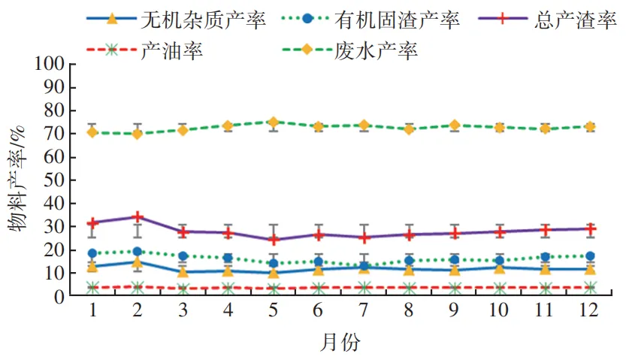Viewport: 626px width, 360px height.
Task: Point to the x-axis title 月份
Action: point(340,343)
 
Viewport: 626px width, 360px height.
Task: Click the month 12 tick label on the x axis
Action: point(590,310)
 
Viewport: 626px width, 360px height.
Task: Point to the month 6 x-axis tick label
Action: point(319,310)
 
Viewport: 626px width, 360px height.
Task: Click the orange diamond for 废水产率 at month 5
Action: point(274,122)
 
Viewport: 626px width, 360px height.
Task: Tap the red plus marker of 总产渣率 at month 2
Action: point(138,217)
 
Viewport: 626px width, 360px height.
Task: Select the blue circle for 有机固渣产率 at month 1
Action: point(92,253)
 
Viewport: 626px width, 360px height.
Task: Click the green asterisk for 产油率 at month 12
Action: point(590,287)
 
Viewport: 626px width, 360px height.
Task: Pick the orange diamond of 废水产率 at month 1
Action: point(92,132)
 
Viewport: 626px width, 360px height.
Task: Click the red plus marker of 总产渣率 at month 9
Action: point(455,233)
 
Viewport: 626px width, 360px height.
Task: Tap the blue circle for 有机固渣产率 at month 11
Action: point(545,257)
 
